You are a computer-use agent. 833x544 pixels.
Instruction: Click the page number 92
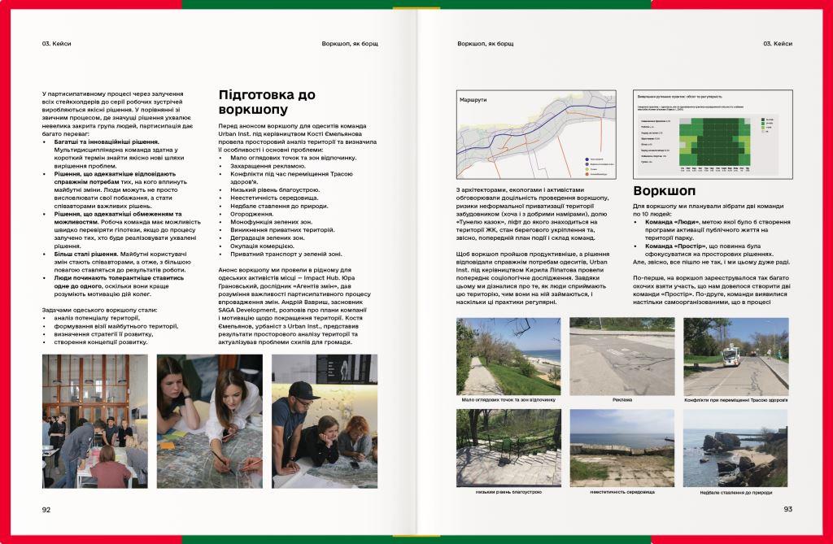tap(46, 509)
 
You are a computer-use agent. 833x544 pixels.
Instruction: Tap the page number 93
tap(787, 509)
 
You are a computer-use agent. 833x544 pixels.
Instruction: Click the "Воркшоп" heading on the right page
tap(664, 191)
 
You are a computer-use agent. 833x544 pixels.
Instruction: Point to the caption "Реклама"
tap(621, 400)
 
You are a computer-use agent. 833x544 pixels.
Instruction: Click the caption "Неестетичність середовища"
tap(621, 492)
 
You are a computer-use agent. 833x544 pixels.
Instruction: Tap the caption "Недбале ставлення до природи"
tap(735, 492)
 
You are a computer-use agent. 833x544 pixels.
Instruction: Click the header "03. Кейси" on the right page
tap(777, 43)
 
